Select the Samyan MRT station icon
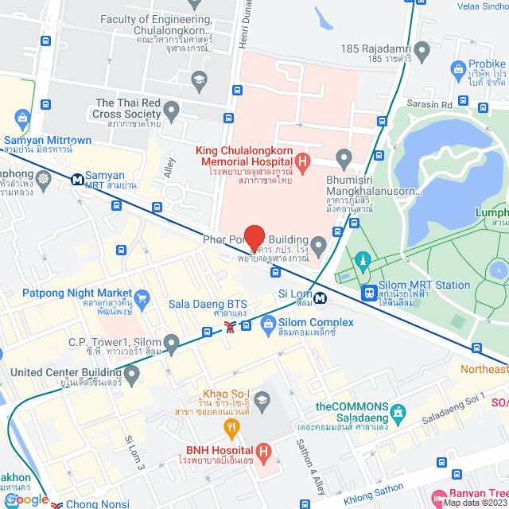point(78,181)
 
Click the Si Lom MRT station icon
point(321,299)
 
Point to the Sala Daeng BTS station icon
point(231,326)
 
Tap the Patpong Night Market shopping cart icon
point(143,299)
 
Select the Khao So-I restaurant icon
point(232,430)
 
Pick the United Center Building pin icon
point(132,372)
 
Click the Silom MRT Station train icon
point(370,293)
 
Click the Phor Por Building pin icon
point(319,244)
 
